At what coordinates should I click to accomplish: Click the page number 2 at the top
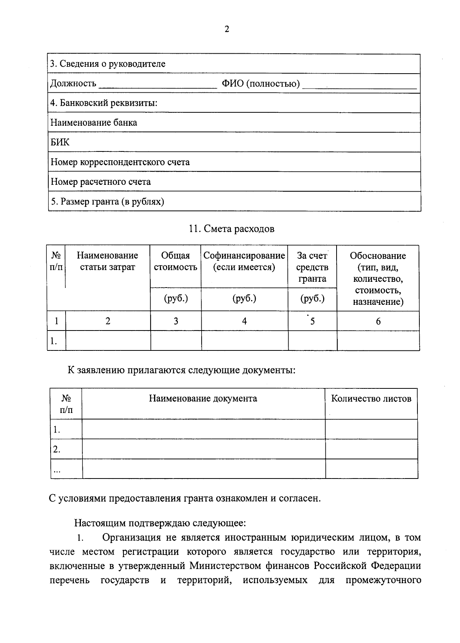[227, 29]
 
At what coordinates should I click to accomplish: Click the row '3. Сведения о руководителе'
[108, 64]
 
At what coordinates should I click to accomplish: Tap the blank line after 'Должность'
[158, 85]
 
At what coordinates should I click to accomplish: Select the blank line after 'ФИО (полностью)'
[359, 85]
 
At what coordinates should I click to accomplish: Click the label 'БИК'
[60, 142]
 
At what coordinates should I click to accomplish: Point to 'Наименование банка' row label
[94, 123]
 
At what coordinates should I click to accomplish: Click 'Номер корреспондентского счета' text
[120, 162]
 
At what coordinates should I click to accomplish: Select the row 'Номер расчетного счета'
[101, 182]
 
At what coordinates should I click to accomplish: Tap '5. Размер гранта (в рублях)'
[107, 201]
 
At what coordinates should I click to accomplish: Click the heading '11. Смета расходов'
[232, 229]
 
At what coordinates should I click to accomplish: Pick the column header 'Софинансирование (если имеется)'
[244, 261]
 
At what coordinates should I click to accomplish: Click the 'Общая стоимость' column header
[176, 261]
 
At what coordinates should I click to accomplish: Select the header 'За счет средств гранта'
[312, 267]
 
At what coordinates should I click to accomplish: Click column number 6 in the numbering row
[378, 321]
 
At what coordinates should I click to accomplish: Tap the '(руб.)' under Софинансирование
[244, 298]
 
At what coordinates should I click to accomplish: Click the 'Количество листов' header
[371, 398]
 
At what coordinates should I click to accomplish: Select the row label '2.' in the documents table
[57, 449]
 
